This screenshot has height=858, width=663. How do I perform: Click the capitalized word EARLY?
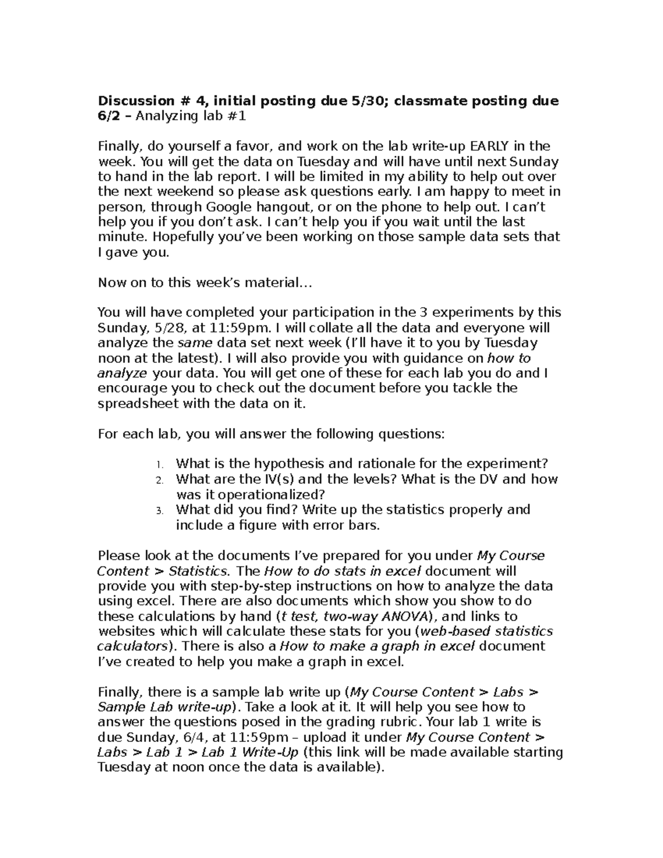point(490,146)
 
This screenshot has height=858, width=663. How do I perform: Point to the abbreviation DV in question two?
point(487,479)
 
